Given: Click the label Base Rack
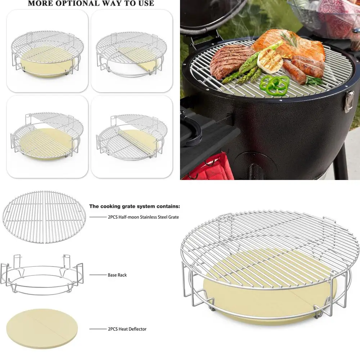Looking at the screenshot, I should point(117,275).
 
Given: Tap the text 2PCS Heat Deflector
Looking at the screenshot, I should point(127,329).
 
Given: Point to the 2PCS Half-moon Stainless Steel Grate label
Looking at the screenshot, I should point(143,217).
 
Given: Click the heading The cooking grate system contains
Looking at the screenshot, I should point(135,207).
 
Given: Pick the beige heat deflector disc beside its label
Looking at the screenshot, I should point(42,329).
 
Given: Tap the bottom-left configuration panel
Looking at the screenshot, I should point(47,136).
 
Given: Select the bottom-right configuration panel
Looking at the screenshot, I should point(132,136).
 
